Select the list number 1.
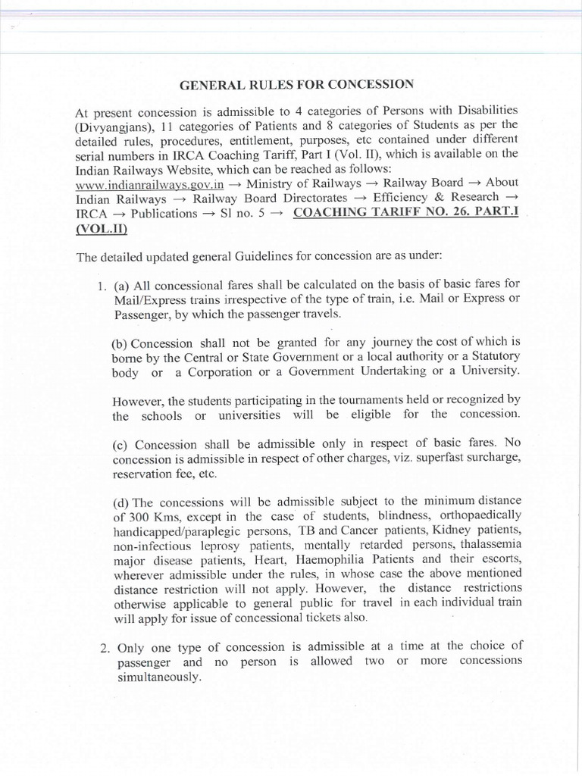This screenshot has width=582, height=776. point(101,286)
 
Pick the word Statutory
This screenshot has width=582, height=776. point(490,356)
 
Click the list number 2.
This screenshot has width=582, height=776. point(102,646)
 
